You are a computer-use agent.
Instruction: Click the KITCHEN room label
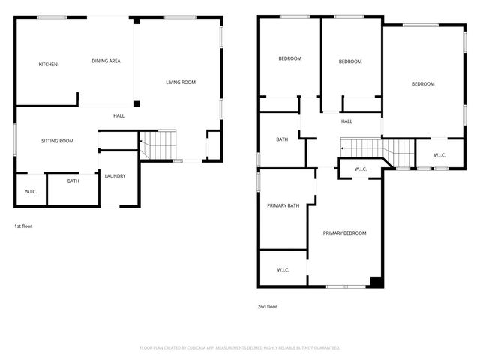[x=48, y=64]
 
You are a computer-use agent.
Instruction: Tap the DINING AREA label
[x=106, y=61]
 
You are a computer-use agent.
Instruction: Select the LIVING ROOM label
[x=181, y=82]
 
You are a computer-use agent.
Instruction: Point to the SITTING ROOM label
[x=57, y=141]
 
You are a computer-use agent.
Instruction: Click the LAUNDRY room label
[x=115, y=176]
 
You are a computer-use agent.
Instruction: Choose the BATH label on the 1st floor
[x=73, y=181]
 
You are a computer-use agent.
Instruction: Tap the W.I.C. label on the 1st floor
[x=31, y=192]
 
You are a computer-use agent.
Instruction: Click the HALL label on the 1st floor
[x=118, y=115]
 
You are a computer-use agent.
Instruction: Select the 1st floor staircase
[x=158, y=145]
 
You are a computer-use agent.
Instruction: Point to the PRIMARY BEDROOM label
[x=344, y=233]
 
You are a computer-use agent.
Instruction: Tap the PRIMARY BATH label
[x=283, y=205]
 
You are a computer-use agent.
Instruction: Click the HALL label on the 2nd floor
[x=346, y=121]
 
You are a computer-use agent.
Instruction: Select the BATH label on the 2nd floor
[x=282, y=139]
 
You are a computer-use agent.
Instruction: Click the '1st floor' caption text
[x=23, y=226]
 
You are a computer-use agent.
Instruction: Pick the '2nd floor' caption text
[x=268, y=306]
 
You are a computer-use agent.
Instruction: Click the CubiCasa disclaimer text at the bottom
[x=240, y=347]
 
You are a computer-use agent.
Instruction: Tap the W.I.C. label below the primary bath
[x=283, y=270]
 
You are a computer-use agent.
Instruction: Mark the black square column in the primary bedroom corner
[x=376, y=283]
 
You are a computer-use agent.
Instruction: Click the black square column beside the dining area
[x=136, y=104]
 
